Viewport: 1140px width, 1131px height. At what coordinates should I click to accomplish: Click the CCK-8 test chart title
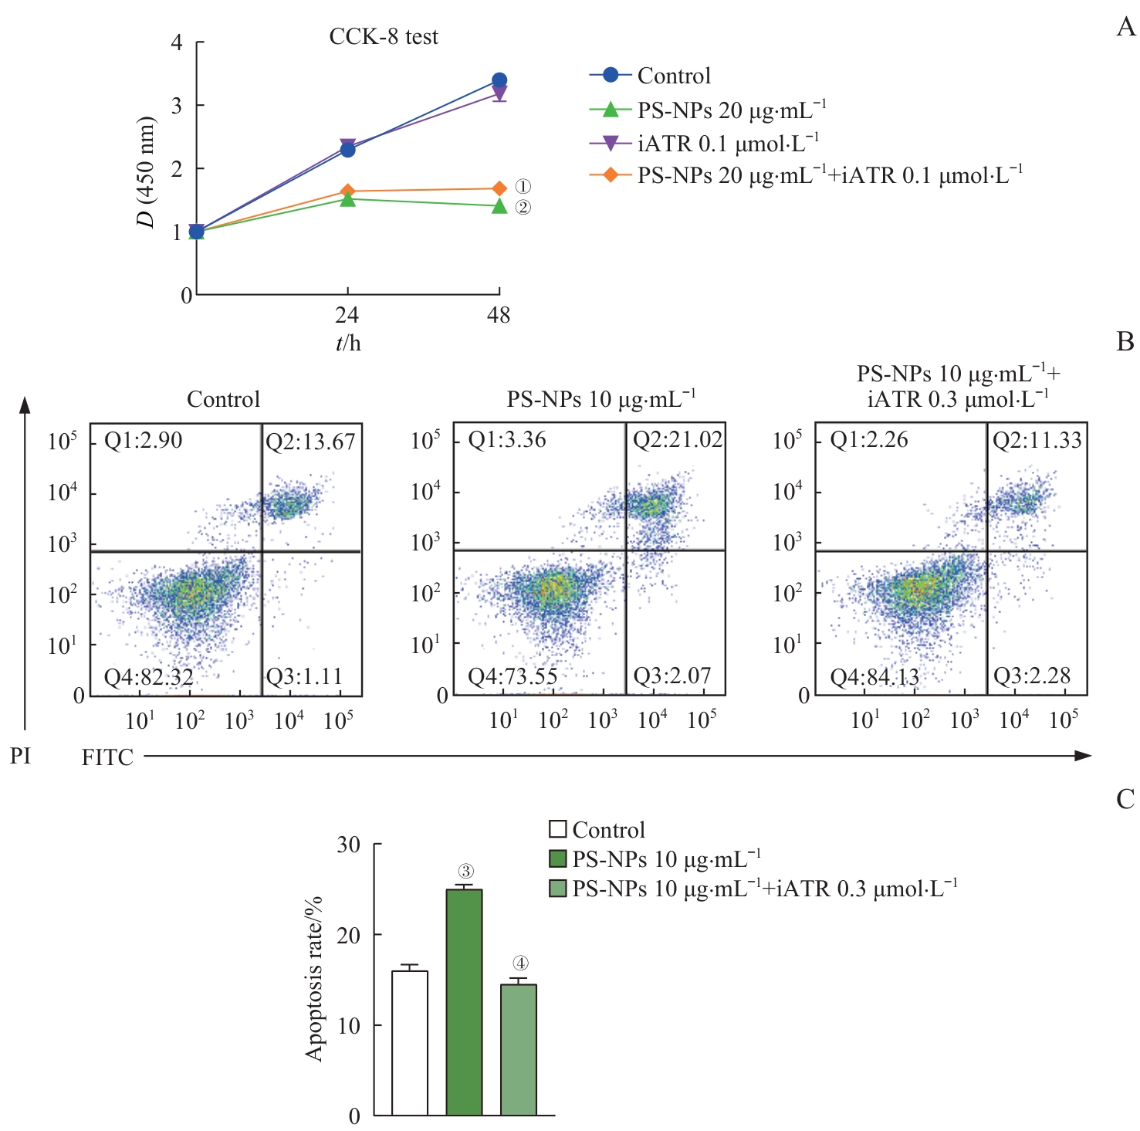click(384, 37)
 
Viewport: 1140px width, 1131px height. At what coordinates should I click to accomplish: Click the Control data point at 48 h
click(499, 80)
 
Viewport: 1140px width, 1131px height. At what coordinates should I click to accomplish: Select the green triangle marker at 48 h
click(499, 206)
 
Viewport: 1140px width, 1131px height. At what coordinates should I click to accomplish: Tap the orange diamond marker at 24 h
click(348, 191)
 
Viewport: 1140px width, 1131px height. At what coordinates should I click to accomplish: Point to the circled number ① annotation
click(523, 187)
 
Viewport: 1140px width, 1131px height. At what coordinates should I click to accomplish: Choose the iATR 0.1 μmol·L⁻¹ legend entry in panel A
click(727, 144)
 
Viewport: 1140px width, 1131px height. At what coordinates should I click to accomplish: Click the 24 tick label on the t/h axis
click(347, 315)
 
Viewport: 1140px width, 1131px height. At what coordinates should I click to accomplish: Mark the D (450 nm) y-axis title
click(146, 171)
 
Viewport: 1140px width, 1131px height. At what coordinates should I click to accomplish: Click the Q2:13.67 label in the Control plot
click(310, 442)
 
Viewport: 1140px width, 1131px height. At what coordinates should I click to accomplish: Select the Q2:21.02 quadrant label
click(677, 440)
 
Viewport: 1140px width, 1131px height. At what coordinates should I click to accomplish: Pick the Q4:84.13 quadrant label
click(874, 677)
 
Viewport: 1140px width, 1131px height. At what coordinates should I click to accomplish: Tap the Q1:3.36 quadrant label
click(507, 440)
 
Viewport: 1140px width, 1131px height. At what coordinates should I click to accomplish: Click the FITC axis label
click(107, 757)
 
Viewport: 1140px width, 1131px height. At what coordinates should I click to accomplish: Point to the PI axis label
click(21, 756)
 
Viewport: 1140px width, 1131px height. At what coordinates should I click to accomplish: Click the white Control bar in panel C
click(410, 1042)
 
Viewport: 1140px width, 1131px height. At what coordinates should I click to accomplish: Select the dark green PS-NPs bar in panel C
click(465, 1002)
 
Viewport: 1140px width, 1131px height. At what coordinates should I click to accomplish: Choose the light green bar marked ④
click(519, 1049)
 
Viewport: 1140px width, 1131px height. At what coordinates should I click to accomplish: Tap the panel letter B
click(1125, 342)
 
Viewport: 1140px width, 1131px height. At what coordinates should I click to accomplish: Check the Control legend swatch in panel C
click(557, 830)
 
